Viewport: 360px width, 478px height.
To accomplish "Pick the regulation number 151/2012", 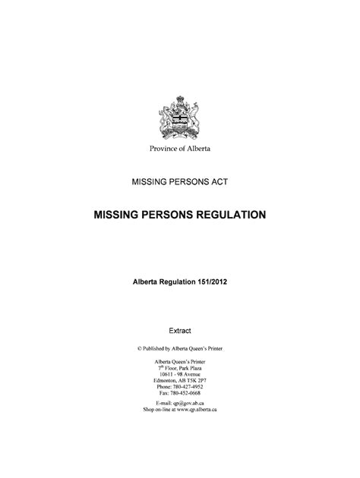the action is pyautogui.click(x=207, y=281).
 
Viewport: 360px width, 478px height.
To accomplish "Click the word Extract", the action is pyautogui.click(x=180, y=330).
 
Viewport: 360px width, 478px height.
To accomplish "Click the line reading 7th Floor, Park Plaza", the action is pyautogui.click(x=180, y=367).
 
